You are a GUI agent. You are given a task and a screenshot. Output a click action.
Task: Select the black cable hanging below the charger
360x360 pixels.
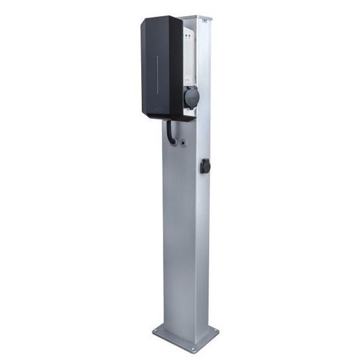(171, 133)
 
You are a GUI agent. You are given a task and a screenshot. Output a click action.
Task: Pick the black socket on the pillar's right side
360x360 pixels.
(206, 166)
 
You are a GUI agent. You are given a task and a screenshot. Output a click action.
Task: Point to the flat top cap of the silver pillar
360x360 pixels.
(194, 15)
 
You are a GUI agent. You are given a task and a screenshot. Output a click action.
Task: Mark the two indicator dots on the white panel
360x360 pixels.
(188, 35)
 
